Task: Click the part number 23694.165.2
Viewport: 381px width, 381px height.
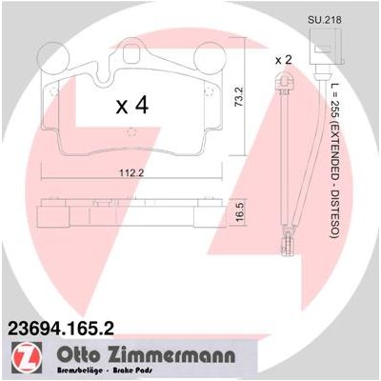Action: pyautogui.click(x=60, y=328)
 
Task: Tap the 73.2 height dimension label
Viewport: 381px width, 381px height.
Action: pyautogui.click(x=239, y=96)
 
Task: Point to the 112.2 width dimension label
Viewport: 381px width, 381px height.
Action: pyautogui.click(x=131, y=173)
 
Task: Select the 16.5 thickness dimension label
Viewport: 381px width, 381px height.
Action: pyautogui.click(x=240, y=212)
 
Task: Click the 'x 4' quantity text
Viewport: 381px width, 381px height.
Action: pyautogui.click(x=132, y=106)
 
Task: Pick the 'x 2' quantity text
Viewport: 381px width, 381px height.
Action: pyautogui.click(x=283, y=60)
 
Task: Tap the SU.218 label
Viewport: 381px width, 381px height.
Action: pyautogui.click(x=324, y=20)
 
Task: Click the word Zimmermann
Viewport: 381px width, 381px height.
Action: pyautogui.click(x=170, y=355)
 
